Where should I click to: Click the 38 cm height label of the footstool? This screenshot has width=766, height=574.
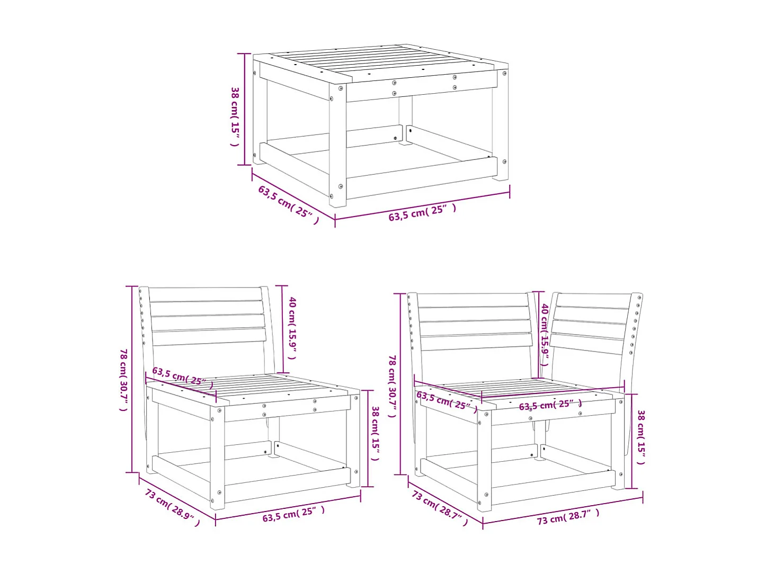[235, 116]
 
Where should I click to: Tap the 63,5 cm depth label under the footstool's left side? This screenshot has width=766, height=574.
[288, 204]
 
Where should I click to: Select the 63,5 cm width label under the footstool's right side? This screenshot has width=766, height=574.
[422, 212]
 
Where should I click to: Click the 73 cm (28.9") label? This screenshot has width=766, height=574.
[173, 507]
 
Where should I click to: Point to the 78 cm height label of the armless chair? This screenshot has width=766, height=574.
[123, 379]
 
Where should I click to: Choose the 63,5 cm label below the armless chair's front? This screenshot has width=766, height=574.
[293, 514]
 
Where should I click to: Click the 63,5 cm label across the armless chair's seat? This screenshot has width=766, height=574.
[183, 376]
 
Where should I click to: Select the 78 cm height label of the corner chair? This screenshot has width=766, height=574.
[392, 385]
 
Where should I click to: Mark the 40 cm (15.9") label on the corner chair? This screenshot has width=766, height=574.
[544, 334]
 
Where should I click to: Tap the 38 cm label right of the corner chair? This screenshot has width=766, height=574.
[641, 437]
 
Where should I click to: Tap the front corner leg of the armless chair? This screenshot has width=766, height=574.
[217, 461]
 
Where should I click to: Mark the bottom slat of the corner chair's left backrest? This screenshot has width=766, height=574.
[476, 342]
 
